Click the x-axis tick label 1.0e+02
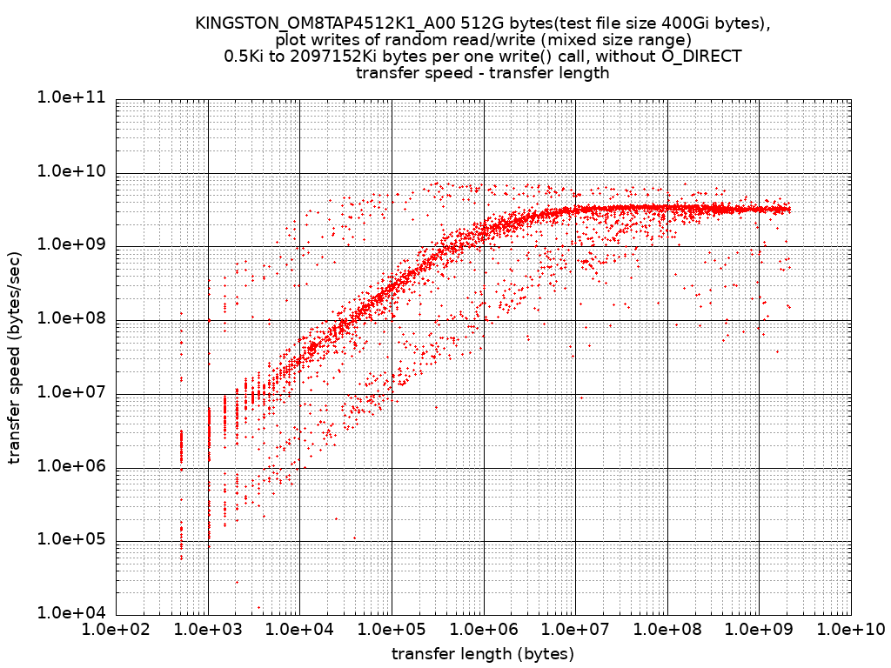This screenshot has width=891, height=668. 116,629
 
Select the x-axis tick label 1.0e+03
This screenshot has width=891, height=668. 208,629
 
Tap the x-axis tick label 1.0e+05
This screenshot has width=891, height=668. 392,629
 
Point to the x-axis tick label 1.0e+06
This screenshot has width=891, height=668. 484,629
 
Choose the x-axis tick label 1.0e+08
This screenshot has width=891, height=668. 667,629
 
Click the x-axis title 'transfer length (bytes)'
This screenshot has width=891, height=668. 483,653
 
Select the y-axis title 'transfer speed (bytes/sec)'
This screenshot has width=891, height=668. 15,355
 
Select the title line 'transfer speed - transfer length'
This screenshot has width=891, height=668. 482,73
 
